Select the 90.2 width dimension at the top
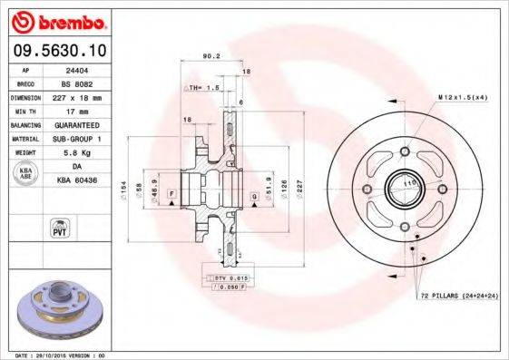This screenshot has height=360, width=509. tap(211, 56)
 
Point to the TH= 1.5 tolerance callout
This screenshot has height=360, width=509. tap(204, 88)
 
